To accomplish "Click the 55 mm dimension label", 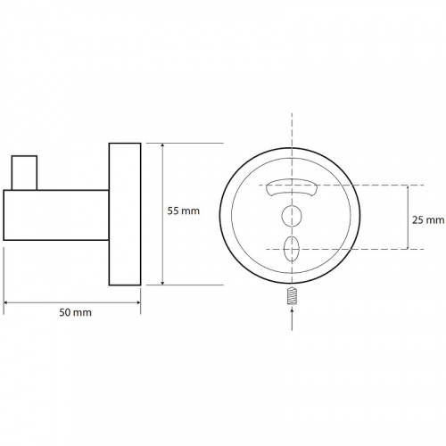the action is (x=183, y=211).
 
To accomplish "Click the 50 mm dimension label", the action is (x=75, y=312).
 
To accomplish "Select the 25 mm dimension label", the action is (x=428, y=220).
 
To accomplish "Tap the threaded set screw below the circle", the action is (x=292, y=295).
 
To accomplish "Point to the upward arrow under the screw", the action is (x=292, y=318).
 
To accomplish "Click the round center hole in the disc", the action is (x=292, y=216).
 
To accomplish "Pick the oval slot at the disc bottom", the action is (x=292, y=249).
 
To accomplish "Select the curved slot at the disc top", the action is (x=292, y=186).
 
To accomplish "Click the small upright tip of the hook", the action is (x=24, y=172).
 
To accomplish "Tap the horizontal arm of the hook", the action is (x=56, y=215).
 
